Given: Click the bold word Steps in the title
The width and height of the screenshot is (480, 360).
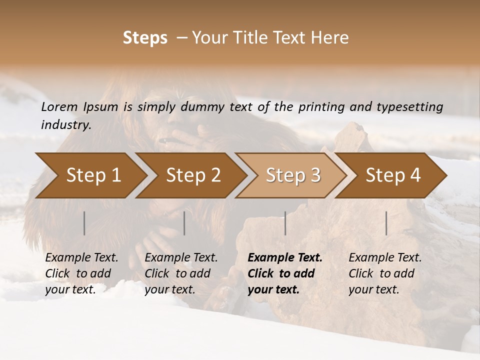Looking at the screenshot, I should click(x=145, y=38).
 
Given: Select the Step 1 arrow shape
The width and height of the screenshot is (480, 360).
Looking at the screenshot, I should click(x=93, y=175).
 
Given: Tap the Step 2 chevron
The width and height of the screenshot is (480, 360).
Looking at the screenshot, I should click(x=193, y=175).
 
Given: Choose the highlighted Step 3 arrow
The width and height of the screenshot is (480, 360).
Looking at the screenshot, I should click(x=293, y=175).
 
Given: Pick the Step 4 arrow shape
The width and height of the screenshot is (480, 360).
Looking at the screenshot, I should click(x=393, y=175).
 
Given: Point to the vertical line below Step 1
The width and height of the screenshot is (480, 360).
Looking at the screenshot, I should click(x=84, y=223).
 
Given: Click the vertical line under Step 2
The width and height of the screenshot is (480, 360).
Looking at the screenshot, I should click(x=184, y=223).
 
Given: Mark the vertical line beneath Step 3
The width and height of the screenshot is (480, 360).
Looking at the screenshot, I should click(x=285, y=223).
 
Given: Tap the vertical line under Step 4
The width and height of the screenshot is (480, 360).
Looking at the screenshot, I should click(x=386, y=223).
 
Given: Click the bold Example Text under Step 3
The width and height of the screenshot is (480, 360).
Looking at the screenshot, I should click(x=285, y=258).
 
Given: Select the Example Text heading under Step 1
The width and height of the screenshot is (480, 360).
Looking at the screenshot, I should click(x=81, y=258).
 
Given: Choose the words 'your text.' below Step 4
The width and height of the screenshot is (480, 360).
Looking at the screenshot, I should click(x=373, y=289).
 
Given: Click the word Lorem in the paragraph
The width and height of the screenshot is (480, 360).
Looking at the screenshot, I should click(x=59, y=107).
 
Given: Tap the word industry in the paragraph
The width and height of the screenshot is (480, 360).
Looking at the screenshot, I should click(x=66, y=125).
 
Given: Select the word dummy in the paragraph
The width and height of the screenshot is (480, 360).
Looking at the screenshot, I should click(x=205, y=107).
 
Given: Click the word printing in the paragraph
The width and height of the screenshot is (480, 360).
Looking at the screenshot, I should click(x=320, y=107).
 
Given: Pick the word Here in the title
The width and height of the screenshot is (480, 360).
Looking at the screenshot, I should click(x=332, y=38).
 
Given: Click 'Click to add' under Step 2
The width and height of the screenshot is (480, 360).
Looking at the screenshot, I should click(x=177, y=273).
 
